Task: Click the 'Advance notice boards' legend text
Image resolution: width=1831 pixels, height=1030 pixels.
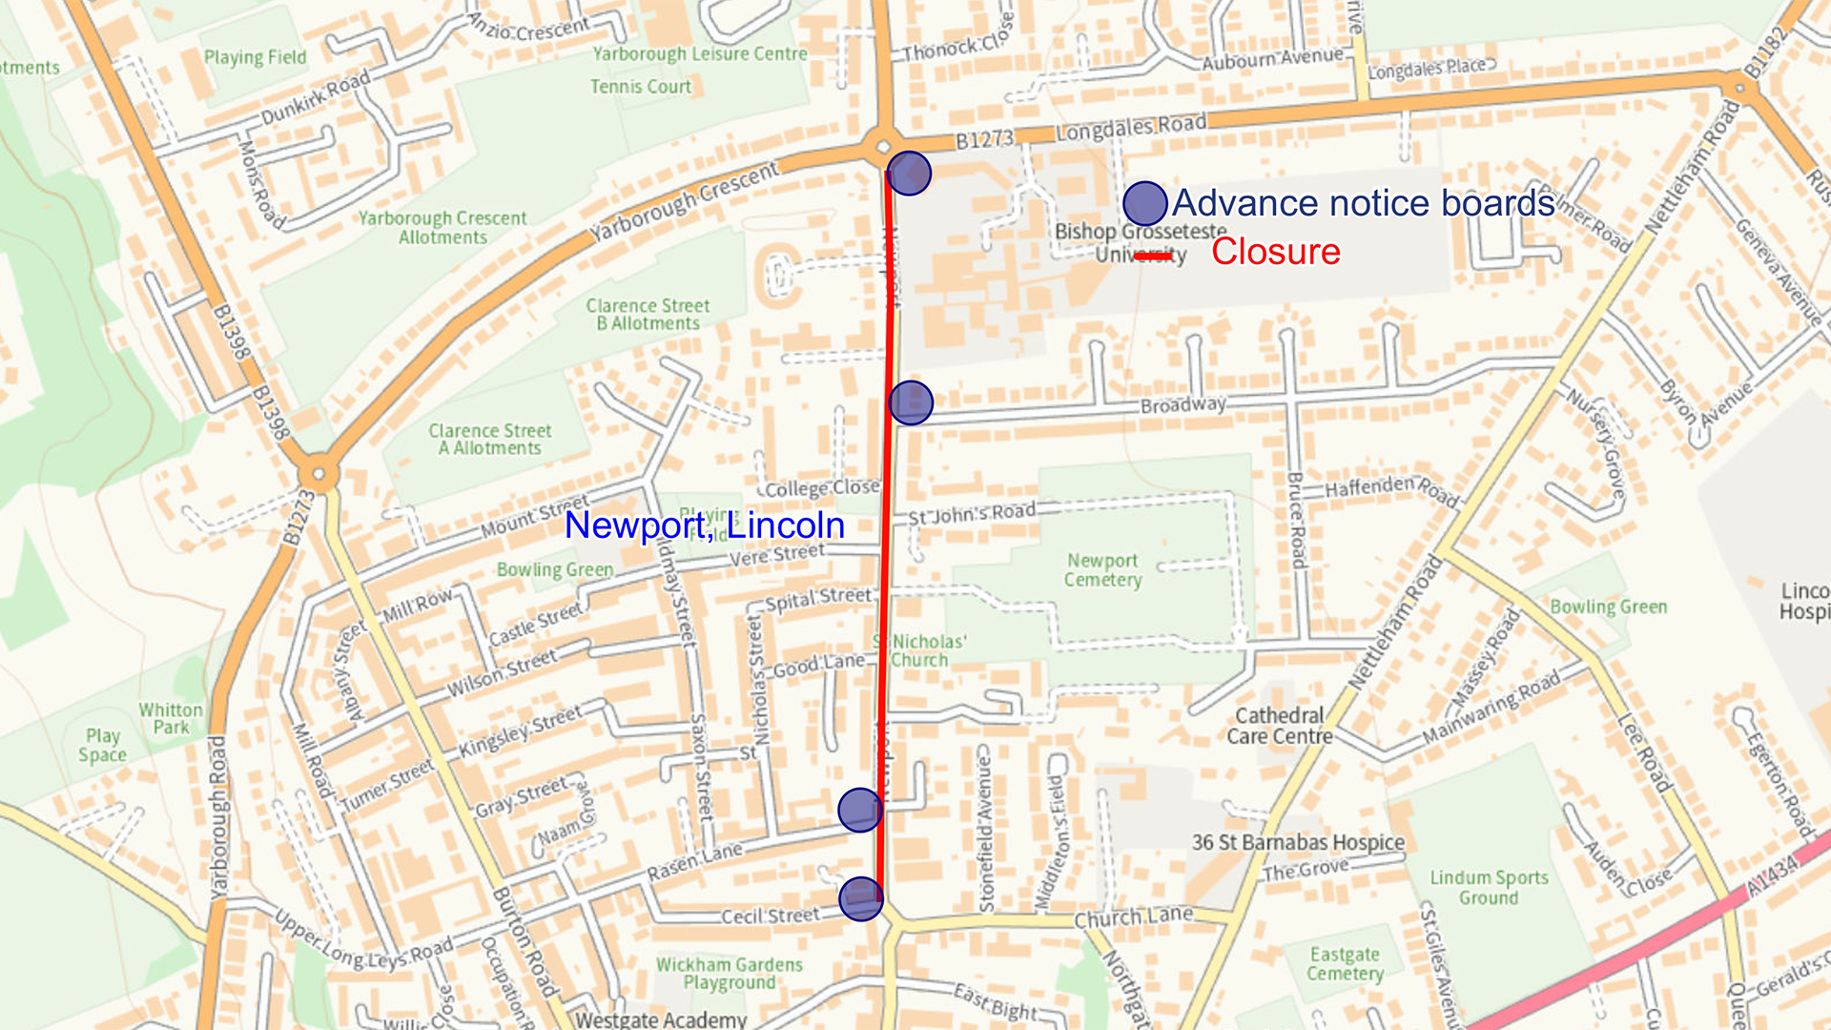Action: click(x=1364, y=203)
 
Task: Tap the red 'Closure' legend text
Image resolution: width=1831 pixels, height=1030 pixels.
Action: click(x=1276, y=252)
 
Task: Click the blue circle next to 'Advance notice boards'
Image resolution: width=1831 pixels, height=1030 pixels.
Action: click(x=1144, y=203)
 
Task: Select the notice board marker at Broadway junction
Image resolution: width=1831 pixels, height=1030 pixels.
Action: click(x=911, y=402)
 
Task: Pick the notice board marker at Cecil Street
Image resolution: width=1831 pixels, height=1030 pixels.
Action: click(x=861, y=898)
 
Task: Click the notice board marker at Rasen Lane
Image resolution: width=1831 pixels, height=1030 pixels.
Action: click(x=860, y=810)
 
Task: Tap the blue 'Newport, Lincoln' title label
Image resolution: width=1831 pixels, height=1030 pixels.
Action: click(x=705, y=525)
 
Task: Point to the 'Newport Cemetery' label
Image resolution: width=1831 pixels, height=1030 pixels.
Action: click(x=1102, y=570)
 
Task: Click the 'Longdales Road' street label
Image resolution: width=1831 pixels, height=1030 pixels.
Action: click(x=1131, y=126)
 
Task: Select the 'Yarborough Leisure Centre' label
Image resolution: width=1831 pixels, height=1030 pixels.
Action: click(x=700, y=54)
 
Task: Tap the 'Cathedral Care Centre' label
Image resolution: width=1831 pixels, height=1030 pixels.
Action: click(x=1279, y=726)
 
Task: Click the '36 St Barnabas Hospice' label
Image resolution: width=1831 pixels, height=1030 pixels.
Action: click(x=1298, y=842)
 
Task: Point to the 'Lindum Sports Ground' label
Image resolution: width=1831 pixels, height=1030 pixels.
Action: click(x=1489, y=887)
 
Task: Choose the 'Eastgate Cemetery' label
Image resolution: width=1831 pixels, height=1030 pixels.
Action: click(x=1345, y=963)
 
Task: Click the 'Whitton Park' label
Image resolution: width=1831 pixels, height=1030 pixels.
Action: click(x=171, y=718)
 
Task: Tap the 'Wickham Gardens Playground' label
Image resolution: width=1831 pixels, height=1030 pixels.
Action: click(x=730, y=973)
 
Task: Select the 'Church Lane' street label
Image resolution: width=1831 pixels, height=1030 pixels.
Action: click(x=1133, y=917)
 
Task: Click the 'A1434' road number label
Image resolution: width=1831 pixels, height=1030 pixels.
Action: click(x=1772, y=875)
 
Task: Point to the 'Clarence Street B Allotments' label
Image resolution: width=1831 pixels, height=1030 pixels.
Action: click(x=648, y=315)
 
